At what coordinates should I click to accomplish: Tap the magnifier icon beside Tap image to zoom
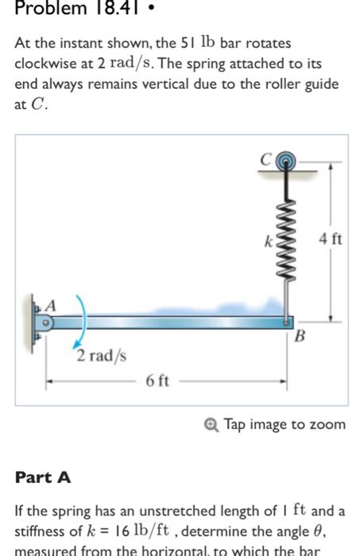pos(214,424)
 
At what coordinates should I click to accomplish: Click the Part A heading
pos(44,477)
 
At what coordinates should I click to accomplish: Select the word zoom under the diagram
pos(329,424)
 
